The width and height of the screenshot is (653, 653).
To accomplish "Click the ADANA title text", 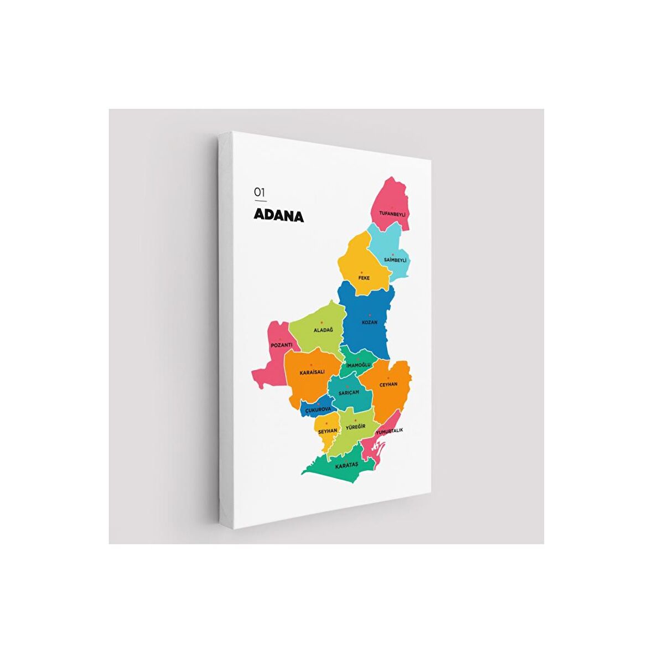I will (x=279, y=215).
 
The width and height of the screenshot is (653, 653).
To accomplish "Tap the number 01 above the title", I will (x=260, y=191).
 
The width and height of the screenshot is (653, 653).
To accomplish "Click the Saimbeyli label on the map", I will (x=396, y=260).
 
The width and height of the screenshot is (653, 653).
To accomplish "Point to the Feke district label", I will (x=364, y=278).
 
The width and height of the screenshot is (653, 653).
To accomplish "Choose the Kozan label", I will (x=370, y=322).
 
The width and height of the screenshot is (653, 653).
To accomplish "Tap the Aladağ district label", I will (x=324, y=330).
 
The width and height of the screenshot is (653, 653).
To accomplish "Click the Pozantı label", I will (x=282, y=345).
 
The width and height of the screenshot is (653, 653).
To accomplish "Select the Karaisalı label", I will (x=312, y=372).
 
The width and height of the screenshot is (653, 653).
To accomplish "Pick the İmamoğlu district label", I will (x=358, y=365).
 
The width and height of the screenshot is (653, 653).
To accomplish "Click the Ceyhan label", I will (x=388, y=384).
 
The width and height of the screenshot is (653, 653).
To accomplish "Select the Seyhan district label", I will (x=328, y=430).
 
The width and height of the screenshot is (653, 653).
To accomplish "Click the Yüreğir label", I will (x=356, y=428).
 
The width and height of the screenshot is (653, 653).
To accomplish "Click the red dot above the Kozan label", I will (x=370, y=315).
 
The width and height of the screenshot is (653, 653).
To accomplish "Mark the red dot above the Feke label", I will (x=361, y=272).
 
